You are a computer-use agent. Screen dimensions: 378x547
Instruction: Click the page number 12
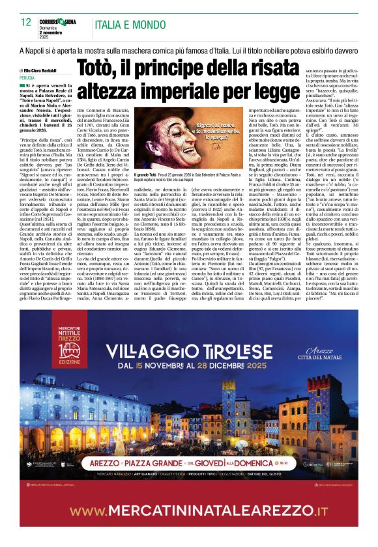[x=26, y=22]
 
